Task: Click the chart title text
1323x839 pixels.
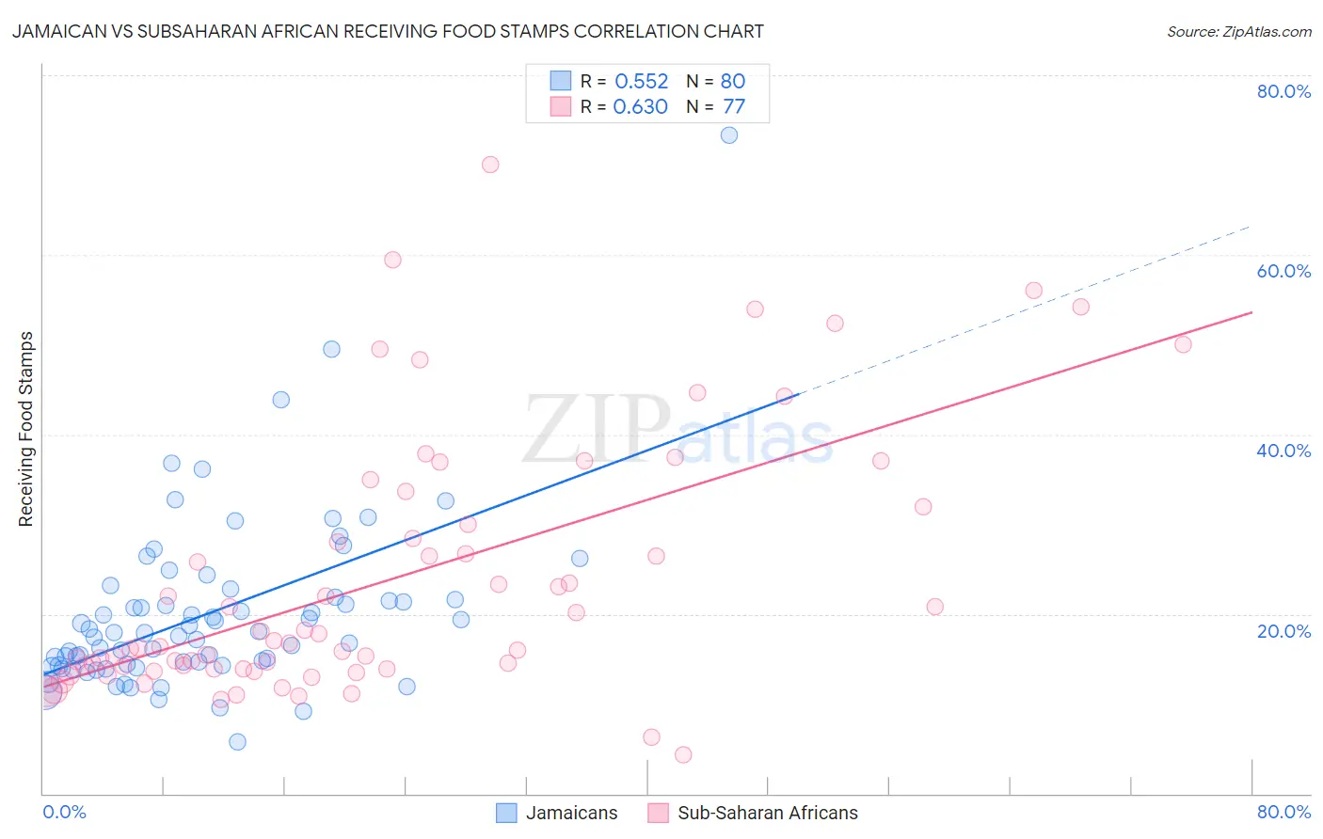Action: pyautogui.click(x=387, y=31)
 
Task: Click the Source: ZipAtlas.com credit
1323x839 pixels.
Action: pyautogui.click(x=1238, y=31)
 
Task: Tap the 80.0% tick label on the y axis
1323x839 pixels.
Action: pyautogui.click(x=1283, y=91)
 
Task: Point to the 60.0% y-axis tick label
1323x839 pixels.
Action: pyautogui.click(x=1283, y=271)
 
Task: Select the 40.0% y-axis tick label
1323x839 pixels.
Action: pyautogui.click(x=1283, y=451)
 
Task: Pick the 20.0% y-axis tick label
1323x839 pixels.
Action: pyautogui.click(x=1283, y=630)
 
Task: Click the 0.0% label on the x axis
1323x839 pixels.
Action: pyautogui.click(x=65, y=812)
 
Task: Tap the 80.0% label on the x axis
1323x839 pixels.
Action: pyautogui.click(x=1283, y=812)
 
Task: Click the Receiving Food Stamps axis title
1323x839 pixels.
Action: pyautogui.click(x=25, y=429)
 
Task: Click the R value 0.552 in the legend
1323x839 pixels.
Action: pyautogui.click(x=641, y=81)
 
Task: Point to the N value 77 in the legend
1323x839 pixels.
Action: pyautogui.click(x=734, y=106)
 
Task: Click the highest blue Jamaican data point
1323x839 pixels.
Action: pyautogui.click(x=729, y=135)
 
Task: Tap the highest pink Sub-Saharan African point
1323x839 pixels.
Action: pyautogui.click(x=490, y=165)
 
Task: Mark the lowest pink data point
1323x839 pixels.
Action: pyautogui.click(x=683, y=754)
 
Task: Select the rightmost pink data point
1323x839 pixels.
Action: pyautogui.click(x=1184, y=344)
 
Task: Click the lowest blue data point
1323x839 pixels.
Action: pyautogui.click(x=238, y=742)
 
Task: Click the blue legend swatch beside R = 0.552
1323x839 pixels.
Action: pyautogui.click(x=561, y=81)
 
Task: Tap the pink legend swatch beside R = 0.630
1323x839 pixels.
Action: pyautogui.click(x=561, y=106)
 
